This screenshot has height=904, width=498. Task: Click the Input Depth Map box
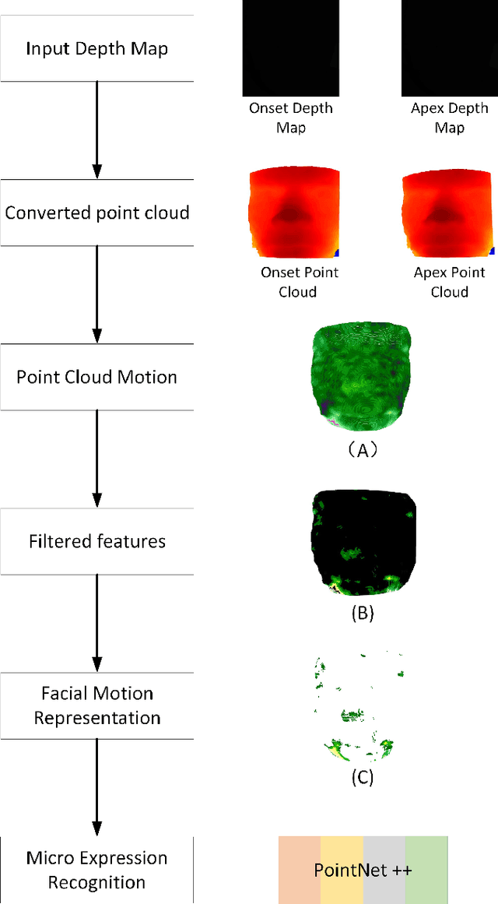point(96,48)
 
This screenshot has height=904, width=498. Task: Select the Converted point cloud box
point(96,213)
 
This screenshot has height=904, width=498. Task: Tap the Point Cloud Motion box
point(96,377)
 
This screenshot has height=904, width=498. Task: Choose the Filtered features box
point(96,541)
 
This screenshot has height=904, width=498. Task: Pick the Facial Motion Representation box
point(96,705)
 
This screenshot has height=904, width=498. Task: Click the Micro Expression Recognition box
point(96,870)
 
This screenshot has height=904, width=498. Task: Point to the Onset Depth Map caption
point(291,118)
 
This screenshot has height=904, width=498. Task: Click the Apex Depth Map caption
point(450,118)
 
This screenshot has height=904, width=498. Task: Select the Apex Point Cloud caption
point(450,282)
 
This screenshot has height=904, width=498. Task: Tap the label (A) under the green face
point(363,449)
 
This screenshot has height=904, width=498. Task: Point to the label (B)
point(363,613)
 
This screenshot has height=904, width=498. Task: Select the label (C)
point(363,776)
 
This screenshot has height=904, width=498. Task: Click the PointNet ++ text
point(363,870)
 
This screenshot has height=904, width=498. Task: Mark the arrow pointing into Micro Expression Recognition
point(97,786)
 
